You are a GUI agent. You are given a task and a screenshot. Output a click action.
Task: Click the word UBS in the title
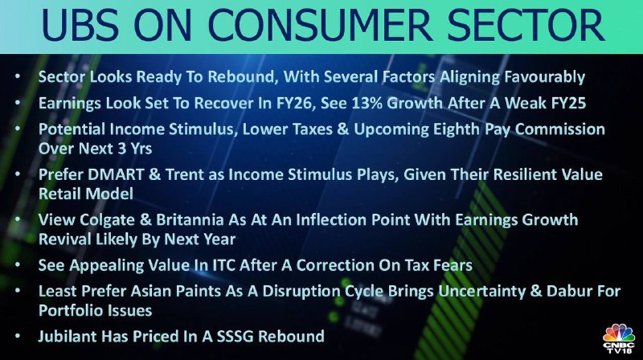coord(80,26)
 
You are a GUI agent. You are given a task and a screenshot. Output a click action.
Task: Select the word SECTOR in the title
coord(526,26)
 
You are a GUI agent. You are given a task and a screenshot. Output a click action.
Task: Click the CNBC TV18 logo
coord(619,338)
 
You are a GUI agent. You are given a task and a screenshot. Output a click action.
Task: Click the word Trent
coord(184,174)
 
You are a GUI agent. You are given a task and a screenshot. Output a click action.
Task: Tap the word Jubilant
coord(68,337)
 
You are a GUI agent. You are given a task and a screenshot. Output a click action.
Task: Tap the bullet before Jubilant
coord(17,337)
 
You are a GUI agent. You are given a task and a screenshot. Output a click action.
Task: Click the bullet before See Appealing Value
coord(17,265)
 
